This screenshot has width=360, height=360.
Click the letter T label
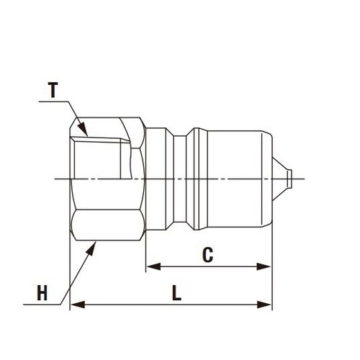coord(53,90)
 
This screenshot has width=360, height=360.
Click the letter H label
coord(42,292)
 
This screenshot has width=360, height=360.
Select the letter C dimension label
coord(208,254)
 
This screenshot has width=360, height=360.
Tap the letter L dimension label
coord(176,293)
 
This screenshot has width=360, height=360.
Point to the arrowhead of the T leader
coord(83,129)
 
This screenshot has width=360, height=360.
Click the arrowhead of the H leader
coord(91,249)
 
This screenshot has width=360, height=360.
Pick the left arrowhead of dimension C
coord(153,266)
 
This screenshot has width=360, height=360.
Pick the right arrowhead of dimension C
coord(264,266)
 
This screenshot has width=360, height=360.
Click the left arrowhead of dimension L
coord(78,305)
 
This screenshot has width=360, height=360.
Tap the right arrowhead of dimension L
coord(264,305)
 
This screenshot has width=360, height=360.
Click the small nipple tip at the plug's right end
coord(289,179)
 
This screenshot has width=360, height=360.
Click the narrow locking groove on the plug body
coord(180,179)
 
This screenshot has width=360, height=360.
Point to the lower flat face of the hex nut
coord(107,225)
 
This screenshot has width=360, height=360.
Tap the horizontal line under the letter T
coord(53,102)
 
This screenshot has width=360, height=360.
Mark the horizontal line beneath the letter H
coord(42,305)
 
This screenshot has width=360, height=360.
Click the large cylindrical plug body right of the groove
coord(240,179)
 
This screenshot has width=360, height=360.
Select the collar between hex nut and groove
coord(156,179)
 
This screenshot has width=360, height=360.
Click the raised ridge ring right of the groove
coord(197,179)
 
